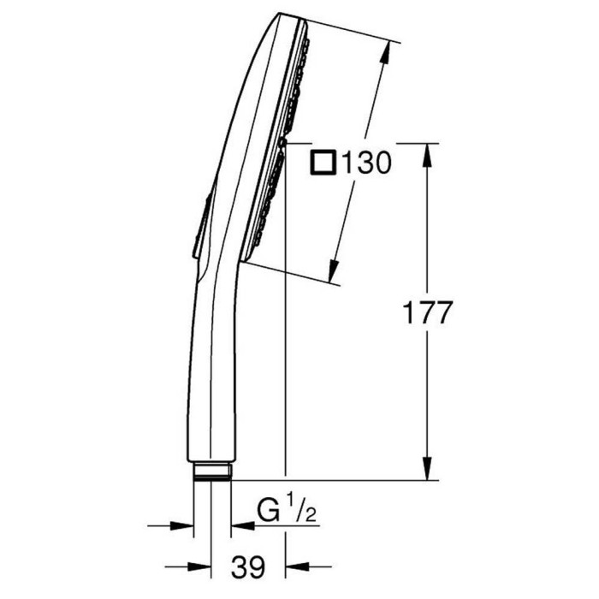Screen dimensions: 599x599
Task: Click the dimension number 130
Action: tap(367, 163)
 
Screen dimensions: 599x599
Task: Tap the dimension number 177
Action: tap(428, 312)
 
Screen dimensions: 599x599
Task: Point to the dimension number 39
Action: tap(248, 566)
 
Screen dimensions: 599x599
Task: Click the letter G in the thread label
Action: tap(268, 511)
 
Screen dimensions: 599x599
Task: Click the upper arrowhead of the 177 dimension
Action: tap(427, 154)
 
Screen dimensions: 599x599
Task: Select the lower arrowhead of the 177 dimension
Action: tap(427, 469)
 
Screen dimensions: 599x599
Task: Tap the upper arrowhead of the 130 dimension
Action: tap(385, 52)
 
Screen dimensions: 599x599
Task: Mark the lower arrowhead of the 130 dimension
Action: tap(334, 271)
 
